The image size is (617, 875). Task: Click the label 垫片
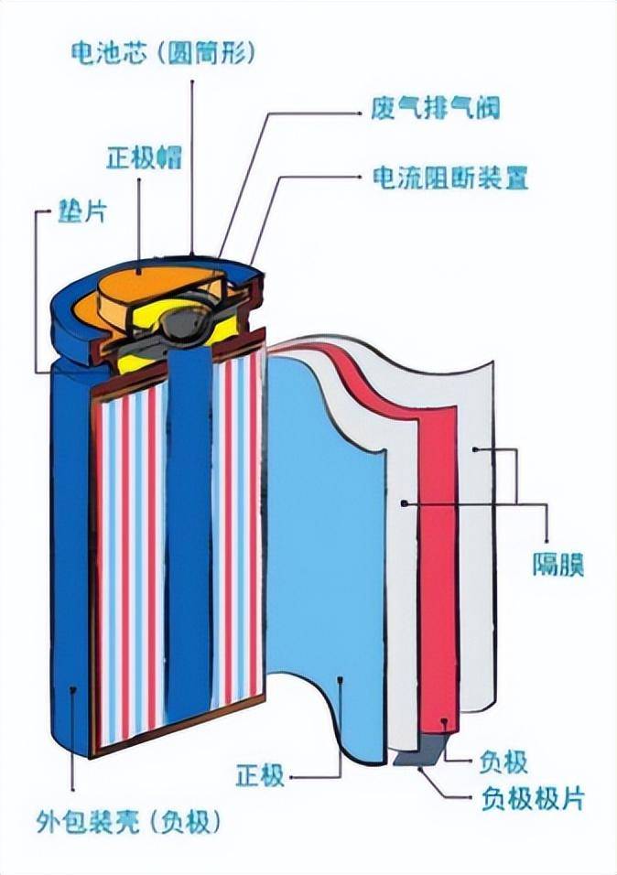tap(83, 212)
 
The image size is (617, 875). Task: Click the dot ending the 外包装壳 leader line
tap(71, 687)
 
